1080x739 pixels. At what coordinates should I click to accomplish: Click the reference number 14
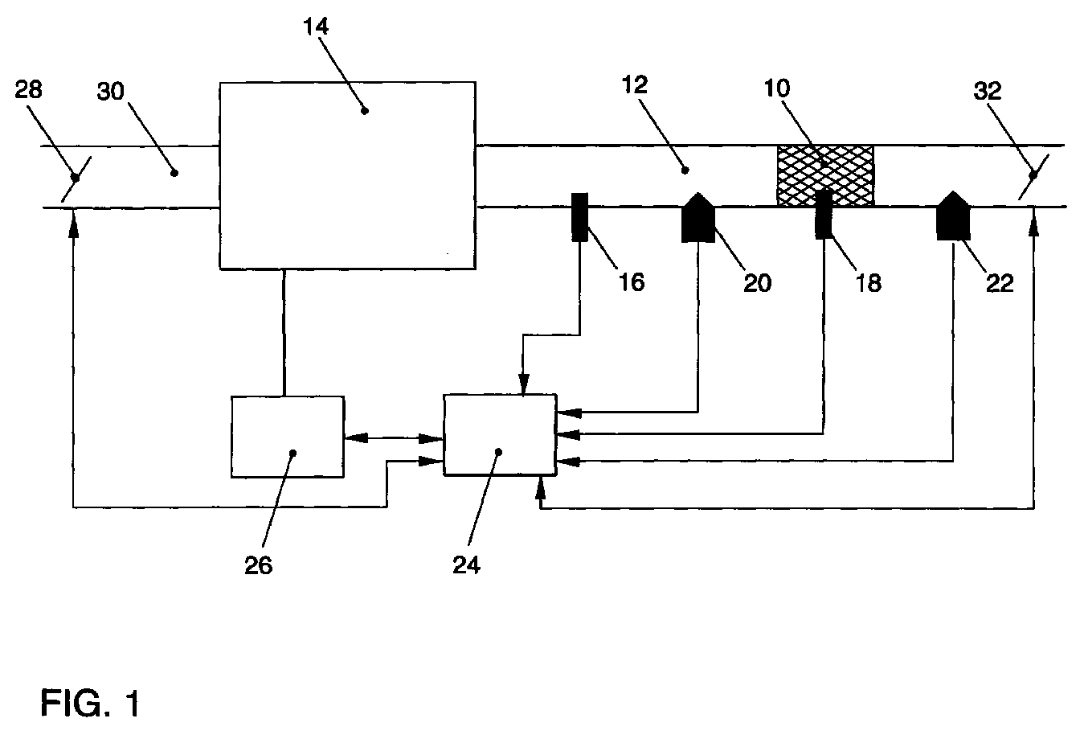(x=316, y=27)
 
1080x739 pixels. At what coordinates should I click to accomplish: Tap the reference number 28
(x=28, y=90)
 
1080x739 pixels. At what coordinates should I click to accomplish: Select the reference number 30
(x=110, y=91)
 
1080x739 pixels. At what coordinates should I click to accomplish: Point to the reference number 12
(x=635, y=85)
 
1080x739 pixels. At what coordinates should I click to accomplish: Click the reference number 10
(x=777, y=88)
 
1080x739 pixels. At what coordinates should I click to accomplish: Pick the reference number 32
(x=988, y=91)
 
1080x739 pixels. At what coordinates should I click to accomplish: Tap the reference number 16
(x=632, y=281)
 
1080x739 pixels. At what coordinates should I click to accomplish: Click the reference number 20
(x=758, y=283)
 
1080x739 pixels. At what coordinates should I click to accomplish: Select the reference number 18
(x=869, y=283)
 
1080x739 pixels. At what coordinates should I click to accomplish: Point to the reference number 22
(x=1000, y=283)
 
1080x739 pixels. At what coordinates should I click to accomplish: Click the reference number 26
(x=259, y=565)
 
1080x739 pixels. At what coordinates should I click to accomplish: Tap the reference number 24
(x=466, y=565)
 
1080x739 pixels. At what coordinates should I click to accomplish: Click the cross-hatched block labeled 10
(x=825, y=175)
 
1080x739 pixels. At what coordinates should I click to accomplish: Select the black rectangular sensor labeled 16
(x=579, y=216)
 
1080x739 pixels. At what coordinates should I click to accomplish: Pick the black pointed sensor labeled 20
(x=697, y=218)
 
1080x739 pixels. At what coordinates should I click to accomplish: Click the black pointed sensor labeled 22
(x=953, y=216)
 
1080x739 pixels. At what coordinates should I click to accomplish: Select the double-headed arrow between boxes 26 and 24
(x=394, y=438)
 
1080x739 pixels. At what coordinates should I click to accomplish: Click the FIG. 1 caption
(x=90, y=703)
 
